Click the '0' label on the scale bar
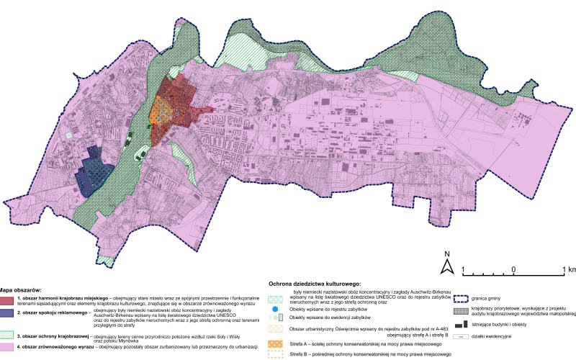pos(513,270)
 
